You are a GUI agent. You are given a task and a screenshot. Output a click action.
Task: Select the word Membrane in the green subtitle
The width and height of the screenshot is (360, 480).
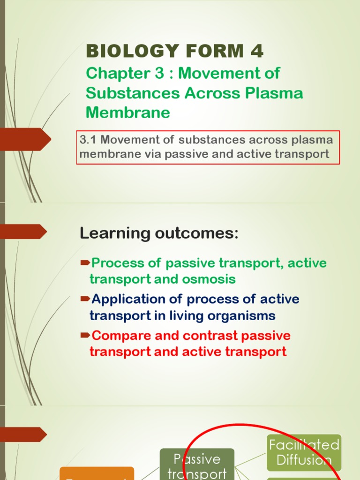coord(127,112)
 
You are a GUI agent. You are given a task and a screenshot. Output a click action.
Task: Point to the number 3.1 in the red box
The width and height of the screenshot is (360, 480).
coord(88,140)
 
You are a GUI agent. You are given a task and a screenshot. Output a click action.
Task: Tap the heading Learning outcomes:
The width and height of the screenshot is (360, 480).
coord(159,233)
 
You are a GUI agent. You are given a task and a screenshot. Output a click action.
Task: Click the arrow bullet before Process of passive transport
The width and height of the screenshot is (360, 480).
coord(85,262)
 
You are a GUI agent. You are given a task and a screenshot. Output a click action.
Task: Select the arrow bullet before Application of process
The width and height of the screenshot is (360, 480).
coord(85,299)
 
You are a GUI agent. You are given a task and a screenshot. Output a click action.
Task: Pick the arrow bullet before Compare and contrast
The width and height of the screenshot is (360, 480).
coord(85,335)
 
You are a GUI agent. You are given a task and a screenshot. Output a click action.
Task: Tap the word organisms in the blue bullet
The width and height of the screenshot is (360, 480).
coord(242,315)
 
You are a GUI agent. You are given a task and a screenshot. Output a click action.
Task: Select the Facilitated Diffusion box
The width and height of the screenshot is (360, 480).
coord(304,452)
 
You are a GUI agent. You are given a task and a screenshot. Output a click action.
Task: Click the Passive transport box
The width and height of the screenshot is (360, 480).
coord(197,466)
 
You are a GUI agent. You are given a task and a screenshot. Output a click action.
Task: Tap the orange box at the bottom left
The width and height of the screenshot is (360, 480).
coord(97,473)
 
